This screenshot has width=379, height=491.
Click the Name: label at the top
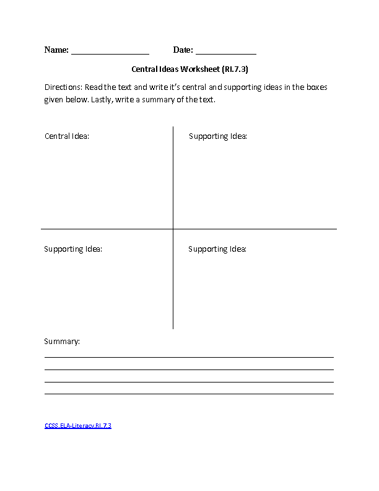56,50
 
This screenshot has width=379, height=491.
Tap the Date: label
183,50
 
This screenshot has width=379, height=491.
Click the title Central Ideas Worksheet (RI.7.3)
190,69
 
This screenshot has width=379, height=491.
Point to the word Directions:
63,87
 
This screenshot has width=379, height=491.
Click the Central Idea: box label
67,136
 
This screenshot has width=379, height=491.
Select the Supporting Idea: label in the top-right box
218,136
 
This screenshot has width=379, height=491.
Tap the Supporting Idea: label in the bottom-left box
73,249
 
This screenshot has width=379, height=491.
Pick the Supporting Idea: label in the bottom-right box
217,249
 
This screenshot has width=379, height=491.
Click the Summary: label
62,342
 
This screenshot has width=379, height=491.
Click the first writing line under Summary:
189,357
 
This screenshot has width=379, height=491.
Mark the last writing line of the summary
189,394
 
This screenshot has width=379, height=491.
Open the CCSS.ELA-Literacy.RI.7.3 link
78,426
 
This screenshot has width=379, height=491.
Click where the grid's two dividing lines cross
173,229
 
